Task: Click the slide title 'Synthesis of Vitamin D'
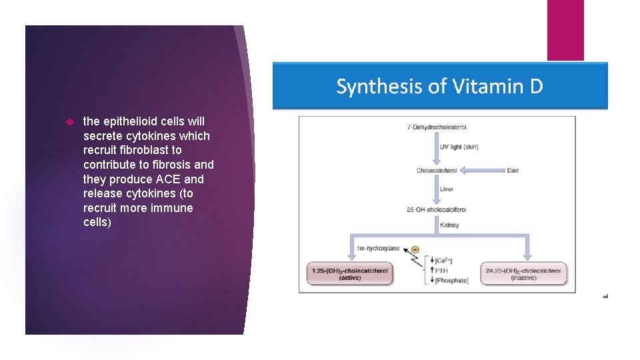point(439,87)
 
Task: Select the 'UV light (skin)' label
point(459,147)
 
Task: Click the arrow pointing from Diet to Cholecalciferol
point(483,171)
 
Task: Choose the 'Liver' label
point(447,189)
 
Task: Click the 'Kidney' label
point(449,225)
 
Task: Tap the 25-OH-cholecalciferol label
point(437,210)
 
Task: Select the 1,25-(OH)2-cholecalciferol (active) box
point(349,273)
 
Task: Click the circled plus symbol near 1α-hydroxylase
point(415,249)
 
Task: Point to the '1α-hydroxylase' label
point(378,248)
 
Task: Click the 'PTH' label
point(441,271)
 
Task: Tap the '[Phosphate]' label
point(451,281)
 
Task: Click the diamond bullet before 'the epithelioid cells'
point(69,122)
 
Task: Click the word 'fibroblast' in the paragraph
point(139,151)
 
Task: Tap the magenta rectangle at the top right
point(565,30)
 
